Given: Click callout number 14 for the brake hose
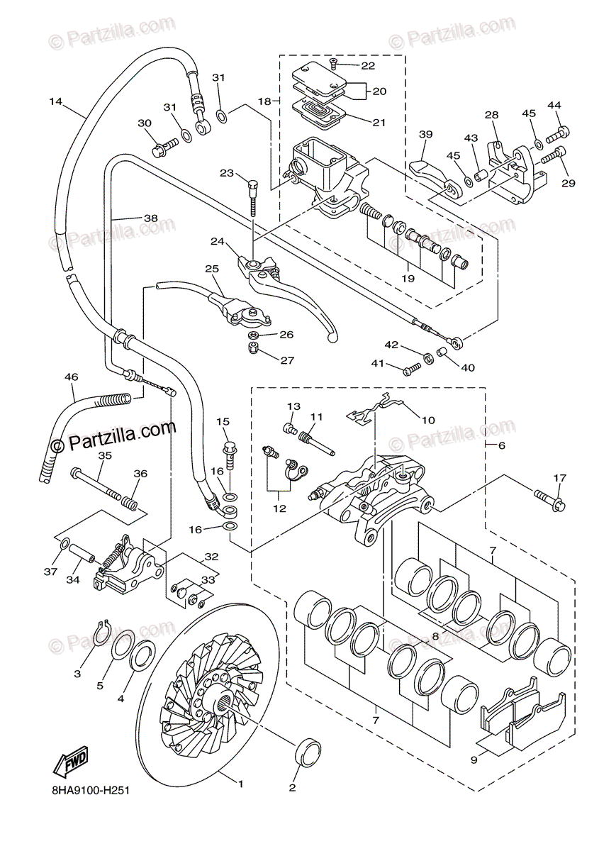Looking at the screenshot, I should click(56, 101).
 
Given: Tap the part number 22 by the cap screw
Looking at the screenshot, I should click(367, 66).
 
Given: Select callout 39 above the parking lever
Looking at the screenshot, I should click(425, 135).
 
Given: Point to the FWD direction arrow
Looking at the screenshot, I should click(70, 763).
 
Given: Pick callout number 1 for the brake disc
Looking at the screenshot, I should click(240, 784).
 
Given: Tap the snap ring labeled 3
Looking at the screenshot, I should click(102, 630).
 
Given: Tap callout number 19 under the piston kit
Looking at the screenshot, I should click(427, 279).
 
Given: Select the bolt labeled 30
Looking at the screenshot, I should click(160, 148).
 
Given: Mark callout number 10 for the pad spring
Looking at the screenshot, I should click(428, 420).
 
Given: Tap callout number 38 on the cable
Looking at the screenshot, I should click(150, 218).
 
